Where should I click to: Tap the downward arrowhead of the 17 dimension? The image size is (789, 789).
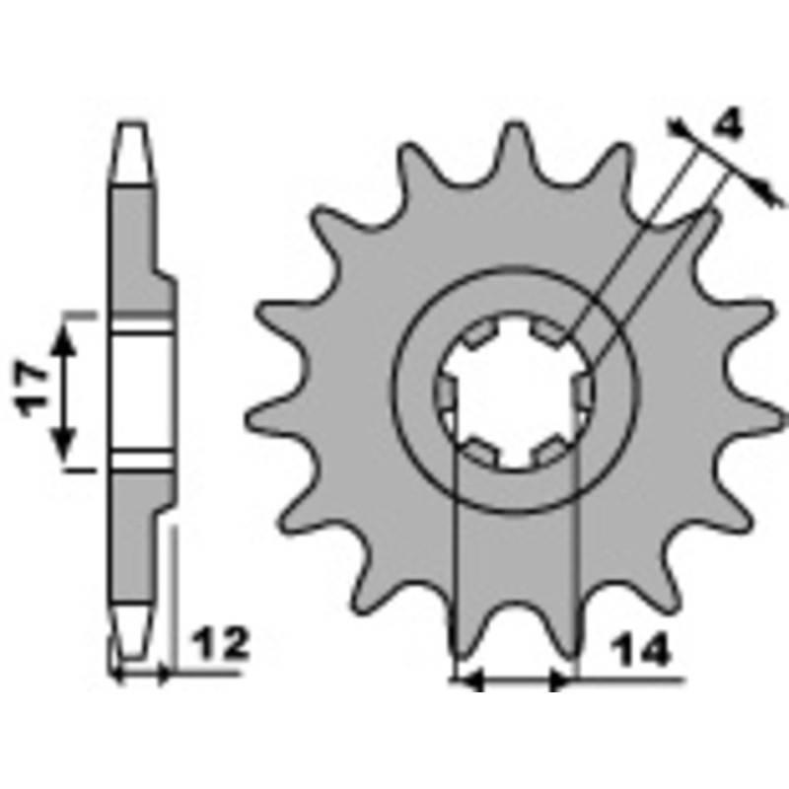(64, 445)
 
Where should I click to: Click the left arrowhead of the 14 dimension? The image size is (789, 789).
(471, 681)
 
